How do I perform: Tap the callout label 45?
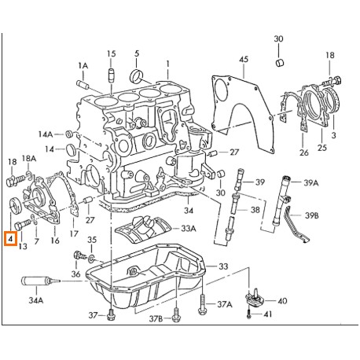click(243, 60)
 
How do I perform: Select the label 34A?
click(36, 299)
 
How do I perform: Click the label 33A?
click(188, 229)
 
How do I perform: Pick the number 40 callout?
click(281, 299)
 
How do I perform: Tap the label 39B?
click(312, 214)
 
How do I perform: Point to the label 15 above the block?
click(111, 53)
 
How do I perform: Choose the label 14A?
click(46, 134)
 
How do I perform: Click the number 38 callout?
click(255, 211)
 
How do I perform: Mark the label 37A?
click(225, 304)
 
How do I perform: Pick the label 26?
click(303, 152)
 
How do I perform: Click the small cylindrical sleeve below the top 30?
click(278, 61)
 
